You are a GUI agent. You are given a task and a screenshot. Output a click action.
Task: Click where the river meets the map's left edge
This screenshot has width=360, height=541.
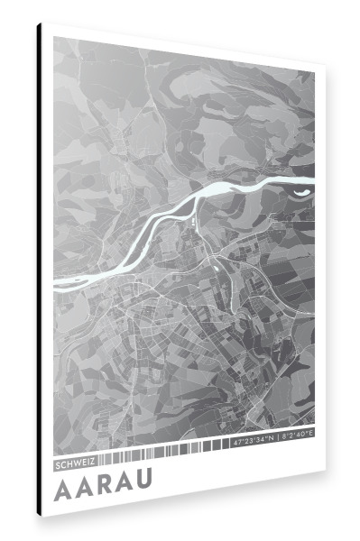tap(55, 283)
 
